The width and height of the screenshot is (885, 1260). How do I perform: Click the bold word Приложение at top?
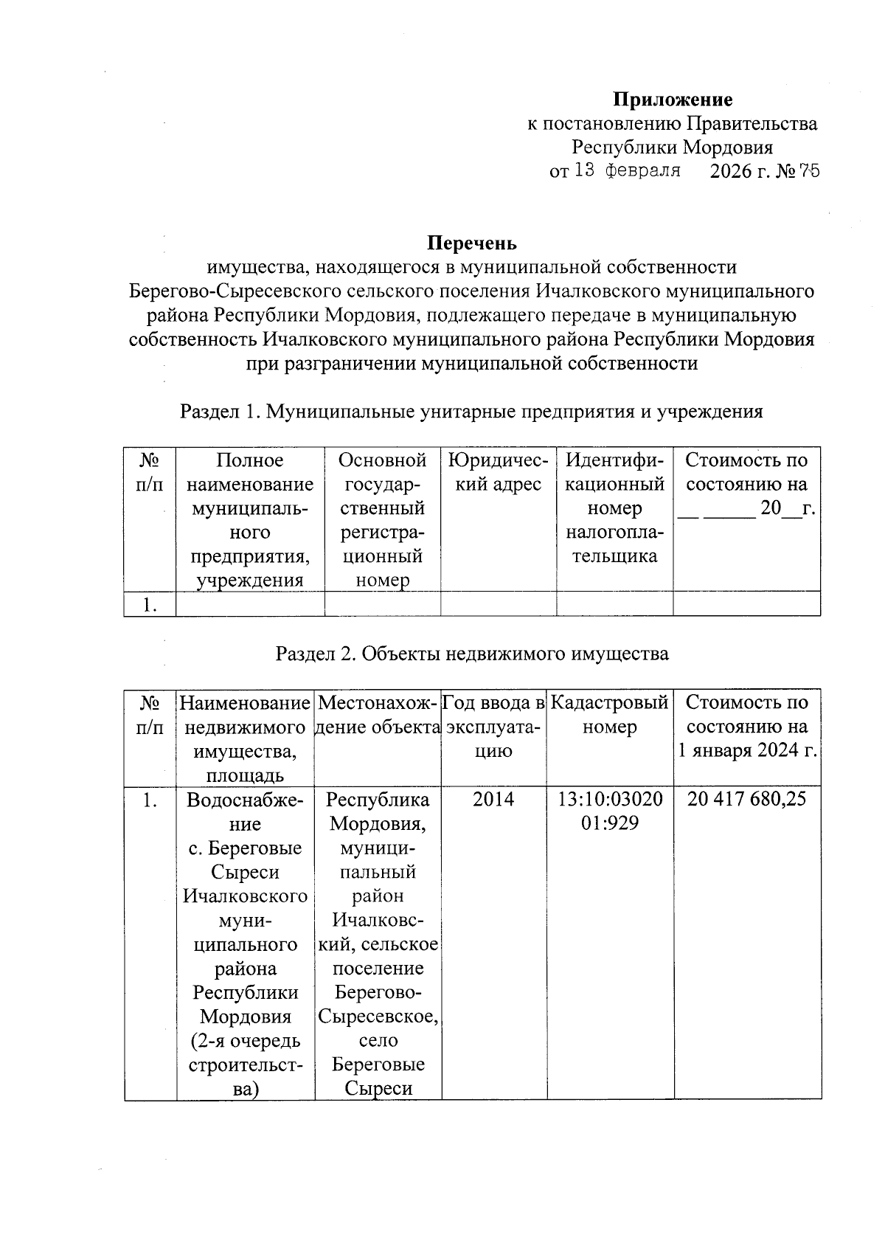point(673,100)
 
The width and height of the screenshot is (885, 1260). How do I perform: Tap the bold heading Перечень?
point(472,243)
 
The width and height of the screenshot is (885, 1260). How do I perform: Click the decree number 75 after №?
point(808,172)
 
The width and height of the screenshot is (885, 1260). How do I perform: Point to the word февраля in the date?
point(642,172)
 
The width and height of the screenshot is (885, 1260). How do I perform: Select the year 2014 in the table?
point(493,799)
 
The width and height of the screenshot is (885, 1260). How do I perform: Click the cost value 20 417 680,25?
point(746,799)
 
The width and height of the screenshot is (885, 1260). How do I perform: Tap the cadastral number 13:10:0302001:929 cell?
point(609,811)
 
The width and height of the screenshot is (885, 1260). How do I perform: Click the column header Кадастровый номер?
point(609,715)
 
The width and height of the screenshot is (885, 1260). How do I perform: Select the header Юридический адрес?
point(498,472)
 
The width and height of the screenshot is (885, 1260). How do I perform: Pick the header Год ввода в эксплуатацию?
point(493,727)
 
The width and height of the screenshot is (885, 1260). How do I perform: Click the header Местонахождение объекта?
point(378,715)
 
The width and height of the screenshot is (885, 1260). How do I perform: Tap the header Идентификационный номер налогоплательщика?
point(614,508)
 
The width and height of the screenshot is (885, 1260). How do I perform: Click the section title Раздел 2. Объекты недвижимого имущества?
point(472,654)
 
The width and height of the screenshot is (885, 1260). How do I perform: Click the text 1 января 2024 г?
point(746,752)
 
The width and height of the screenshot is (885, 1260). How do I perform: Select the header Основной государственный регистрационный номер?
point(382,520)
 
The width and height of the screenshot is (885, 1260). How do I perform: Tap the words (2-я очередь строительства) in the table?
point(245,1065)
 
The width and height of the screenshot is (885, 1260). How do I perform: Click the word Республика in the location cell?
point(378,800)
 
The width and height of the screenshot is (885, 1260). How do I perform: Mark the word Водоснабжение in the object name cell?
point(245,811)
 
